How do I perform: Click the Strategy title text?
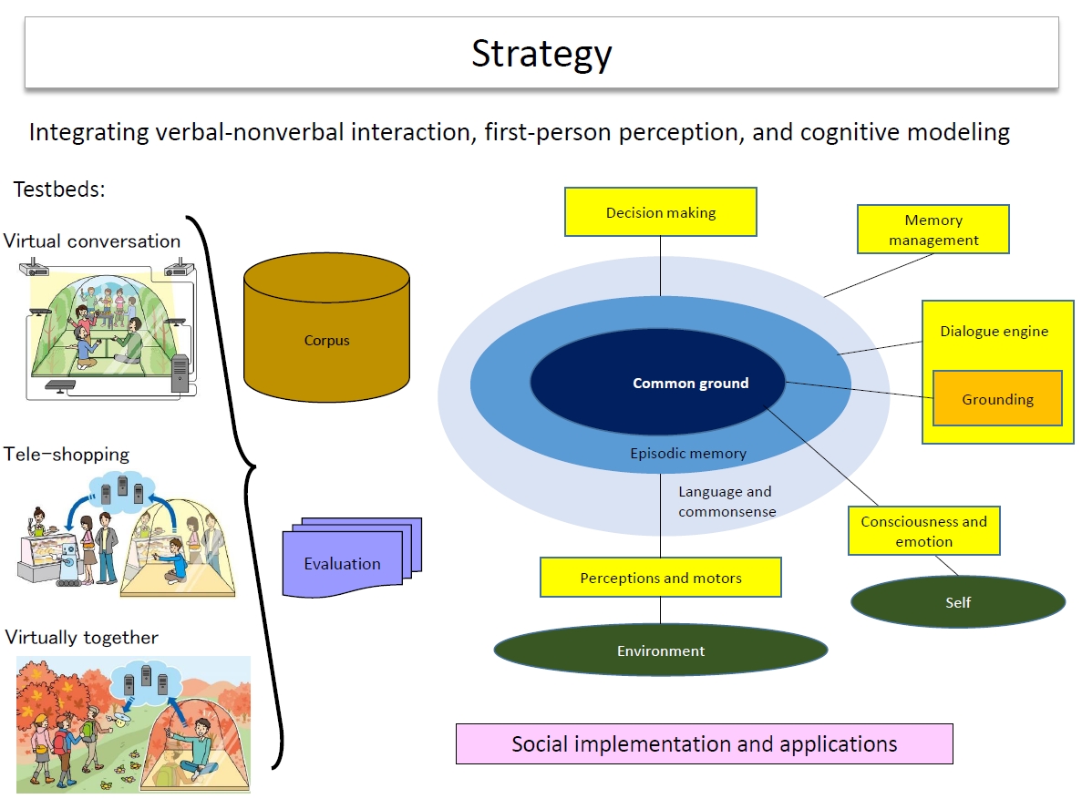(541, 54)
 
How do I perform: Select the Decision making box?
(661, 212)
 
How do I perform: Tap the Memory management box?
(933, 230)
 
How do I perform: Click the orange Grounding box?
(997, 399)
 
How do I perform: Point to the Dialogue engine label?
(994, 332)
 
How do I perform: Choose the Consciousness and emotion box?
(923, 531)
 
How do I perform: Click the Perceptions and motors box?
(661, 578)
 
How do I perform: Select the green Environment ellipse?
(661, 650)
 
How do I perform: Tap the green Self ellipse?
(958, 602)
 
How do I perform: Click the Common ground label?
(690, 384)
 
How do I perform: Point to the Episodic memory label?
(688, 453)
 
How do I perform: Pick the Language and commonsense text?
(726, 501)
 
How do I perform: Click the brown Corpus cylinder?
(326, 341)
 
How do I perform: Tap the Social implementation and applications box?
(704, 743)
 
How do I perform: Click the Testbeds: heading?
(59, 190)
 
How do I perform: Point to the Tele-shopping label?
(67, 454)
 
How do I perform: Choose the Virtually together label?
(81, 637)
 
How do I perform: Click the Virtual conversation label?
(92, 241)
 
